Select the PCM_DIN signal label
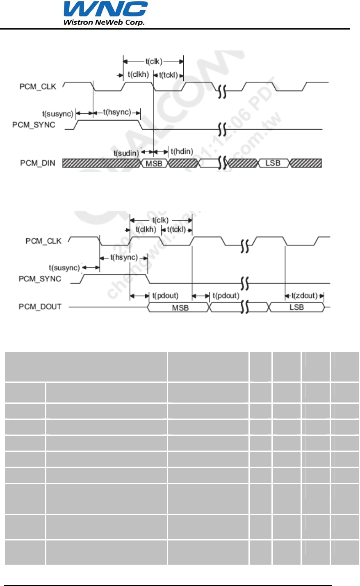(37, 163)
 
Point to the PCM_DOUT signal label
(40, 307)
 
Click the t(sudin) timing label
(126, 153)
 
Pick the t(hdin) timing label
(182, 151)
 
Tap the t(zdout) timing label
(304, 295)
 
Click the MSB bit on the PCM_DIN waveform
(154, 163)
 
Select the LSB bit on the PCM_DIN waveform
(273, 163)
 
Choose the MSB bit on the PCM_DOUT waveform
(180, 307)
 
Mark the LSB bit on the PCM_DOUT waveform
(296, 307)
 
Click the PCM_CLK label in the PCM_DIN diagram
(38, 87)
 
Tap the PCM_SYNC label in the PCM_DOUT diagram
(40, 279)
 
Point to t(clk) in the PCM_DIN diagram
(154, 62)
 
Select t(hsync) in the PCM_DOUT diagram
(124, 258)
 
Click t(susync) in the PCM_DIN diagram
(58, 113)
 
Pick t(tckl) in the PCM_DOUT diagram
(176, 229)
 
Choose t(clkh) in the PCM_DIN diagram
(138, 74)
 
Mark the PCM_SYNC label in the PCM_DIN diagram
(34, 125)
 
